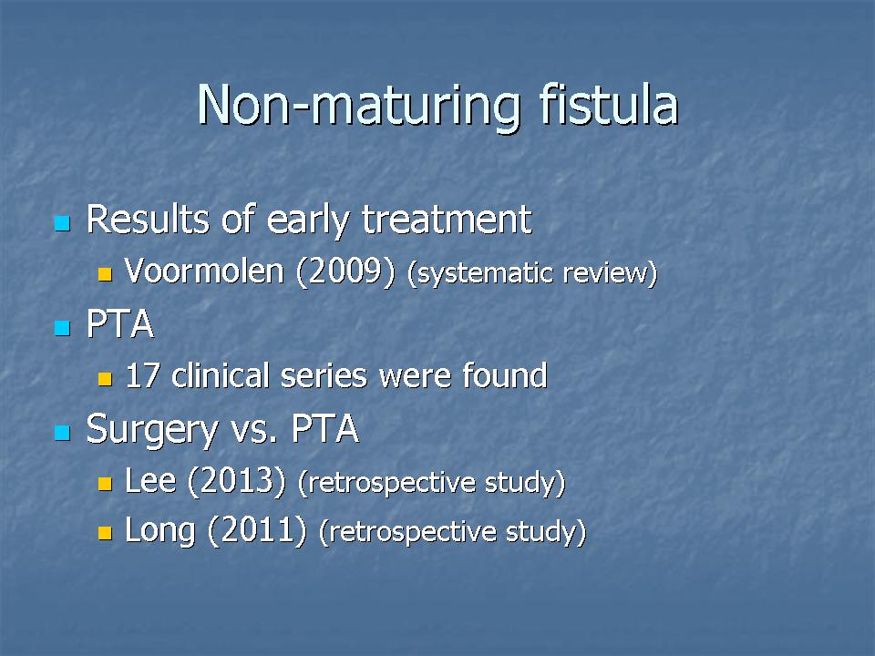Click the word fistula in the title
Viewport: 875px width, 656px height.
click(608, 104)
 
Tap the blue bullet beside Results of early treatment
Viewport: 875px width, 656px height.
click(63, 223)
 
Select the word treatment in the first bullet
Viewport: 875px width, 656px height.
click(447, 220)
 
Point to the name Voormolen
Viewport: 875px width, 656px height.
click(204, 272)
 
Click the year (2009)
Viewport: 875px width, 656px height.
click(345, 272)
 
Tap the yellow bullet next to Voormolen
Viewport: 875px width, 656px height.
click(105, 274)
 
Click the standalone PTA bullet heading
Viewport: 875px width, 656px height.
click(120, 323)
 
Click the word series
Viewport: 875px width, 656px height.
click(324, 376)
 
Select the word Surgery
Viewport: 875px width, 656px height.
click(152, 430)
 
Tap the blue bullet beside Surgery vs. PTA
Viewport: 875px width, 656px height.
click(63, 433)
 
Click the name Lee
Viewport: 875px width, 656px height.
click(150, 480)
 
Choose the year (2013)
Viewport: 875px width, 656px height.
click(237, 481)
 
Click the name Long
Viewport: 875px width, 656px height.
click(160, 531)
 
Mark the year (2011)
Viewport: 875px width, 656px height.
click(257, 530)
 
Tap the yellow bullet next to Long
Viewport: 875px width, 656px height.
click(105, 533)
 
